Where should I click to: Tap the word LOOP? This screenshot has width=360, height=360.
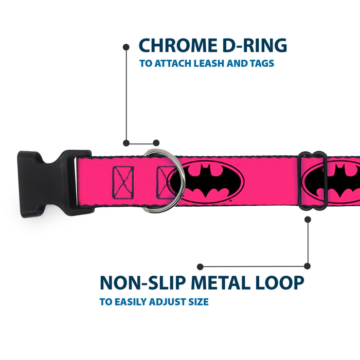point(278,283)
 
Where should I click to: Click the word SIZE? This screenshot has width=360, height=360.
point(197,302)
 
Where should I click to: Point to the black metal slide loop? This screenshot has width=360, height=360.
point(312,181)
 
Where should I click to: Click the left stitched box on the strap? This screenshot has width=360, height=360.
point(123,181)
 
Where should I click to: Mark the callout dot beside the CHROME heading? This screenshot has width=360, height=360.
point(126,46)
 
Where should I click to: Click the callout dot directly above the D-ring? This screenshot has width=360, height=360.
point(156,143)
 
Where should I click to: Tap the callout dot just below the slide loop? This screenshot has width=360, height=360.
point(308,219)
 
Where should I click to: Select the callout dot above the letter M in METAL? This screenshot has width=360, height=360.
point(200,266)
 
